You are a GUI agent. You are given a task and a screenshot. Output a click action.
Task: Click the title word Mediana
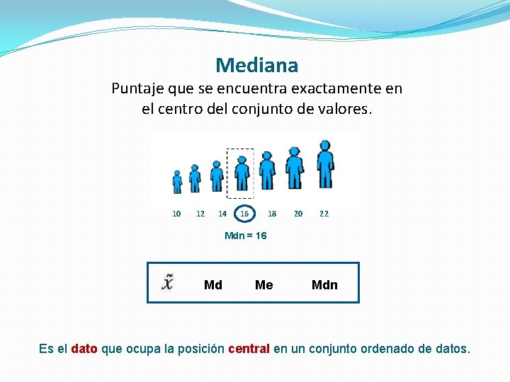point(257,66)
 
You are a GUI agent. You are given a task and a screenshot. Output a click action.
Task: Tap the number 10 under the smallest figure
point(176,214)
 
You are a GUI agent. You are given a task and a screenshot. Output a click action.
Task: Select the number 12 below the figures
point(200,214)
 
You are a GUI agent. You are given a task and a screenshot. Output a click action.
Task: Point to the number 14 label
point(222,214)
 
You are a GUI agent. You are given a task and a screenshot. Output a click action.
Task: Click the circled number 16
point(244,214)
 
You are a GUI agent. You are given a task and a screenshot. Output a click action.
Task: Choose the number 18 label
point(272,214)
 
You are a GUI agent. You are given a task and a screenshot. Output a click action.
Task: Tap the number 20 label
point(298,214)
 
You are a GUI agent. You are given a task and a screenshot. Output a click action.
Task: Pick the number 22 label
point(324,214)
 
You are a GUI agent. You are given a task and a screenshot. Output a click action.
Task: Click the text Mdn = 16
point(245,236)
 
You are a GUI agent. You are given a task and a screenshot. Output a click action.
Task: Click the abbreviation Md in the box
point(212,285)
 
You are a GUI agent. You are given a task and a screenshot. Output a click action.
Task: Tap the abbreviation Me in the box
point(263,285)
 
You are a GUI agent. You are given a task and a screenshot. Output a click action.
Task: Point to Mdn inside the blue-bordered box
point(324,285)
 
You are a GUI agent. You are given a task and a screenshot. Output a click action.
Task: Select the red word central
point(249,349)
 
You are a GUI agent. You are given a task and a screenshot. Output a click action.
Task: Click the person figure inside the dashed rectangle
point(242,174)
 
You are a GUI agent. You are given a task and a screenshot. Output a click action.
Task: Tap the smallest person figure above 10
point(177,182)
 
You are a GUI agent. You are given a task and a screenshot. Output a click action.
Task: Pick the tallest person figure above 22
point(325,164)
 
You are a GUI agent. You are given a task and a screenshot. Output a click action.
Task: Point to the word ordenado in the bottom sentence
point(388,349)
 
